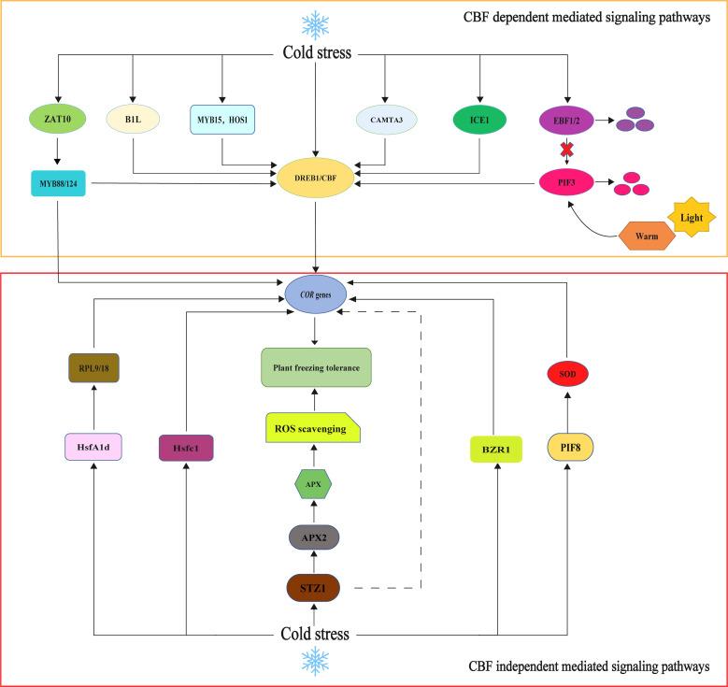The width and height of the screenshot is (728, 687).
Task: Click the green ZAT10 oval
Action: click(x=58, y=119)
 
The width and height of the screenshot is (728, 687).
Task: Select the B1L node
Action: click(x=133, y=120)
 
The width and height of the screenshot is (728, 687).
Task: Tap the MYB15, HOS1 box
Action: click(x=222, y=120)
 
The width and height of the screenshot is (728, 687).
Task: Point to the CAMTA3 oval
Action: click(x=386, y=120)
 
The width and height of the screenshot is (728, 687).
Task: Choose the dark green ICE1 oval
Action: click(x=479, y=120)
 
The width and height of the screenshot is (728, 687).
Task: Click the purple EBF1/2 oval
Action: click(x=566, y=121)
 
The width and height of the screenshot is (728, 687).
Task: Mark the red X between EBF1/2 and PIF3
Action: click(x=566, y=150)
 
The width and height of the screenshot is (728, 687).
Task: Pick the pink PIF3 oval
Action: click(x=566, y=182)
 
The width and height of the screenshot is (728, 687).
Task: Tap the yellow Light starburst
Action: click(x=692, y=218)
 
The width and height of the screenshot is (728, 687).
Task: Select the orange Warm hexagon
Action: click(x=647, y=236)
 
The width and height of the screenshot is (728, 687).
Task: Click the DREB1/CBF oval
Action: click(x=315, y=178)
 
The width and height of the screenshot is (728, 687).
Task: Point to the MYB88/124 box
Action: click(x=58, y=183)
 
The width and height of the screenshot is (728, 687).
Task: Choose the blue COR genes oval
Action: click(x=315, y=294)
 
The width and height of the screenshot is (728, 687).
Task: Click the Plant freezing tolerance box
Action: click(x=316, y=367)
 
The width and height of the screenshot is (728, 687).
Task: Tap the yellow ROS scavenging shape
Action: click(x=313, y=428)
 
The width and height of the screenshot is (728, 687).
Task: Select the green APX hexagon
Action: click(x=313, y=484)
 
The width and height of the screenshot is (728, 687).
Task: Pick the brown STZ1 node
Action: click(x=313, y=588)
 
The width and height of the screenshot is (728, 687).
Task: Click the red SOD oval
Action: click(x=567, y=374)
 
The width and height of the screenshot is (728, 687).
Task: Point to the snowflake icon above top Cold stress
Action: click(x=315, y=24)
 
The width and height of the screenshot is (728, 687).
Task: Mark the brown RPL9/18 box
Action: click(x=93, y=368)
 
